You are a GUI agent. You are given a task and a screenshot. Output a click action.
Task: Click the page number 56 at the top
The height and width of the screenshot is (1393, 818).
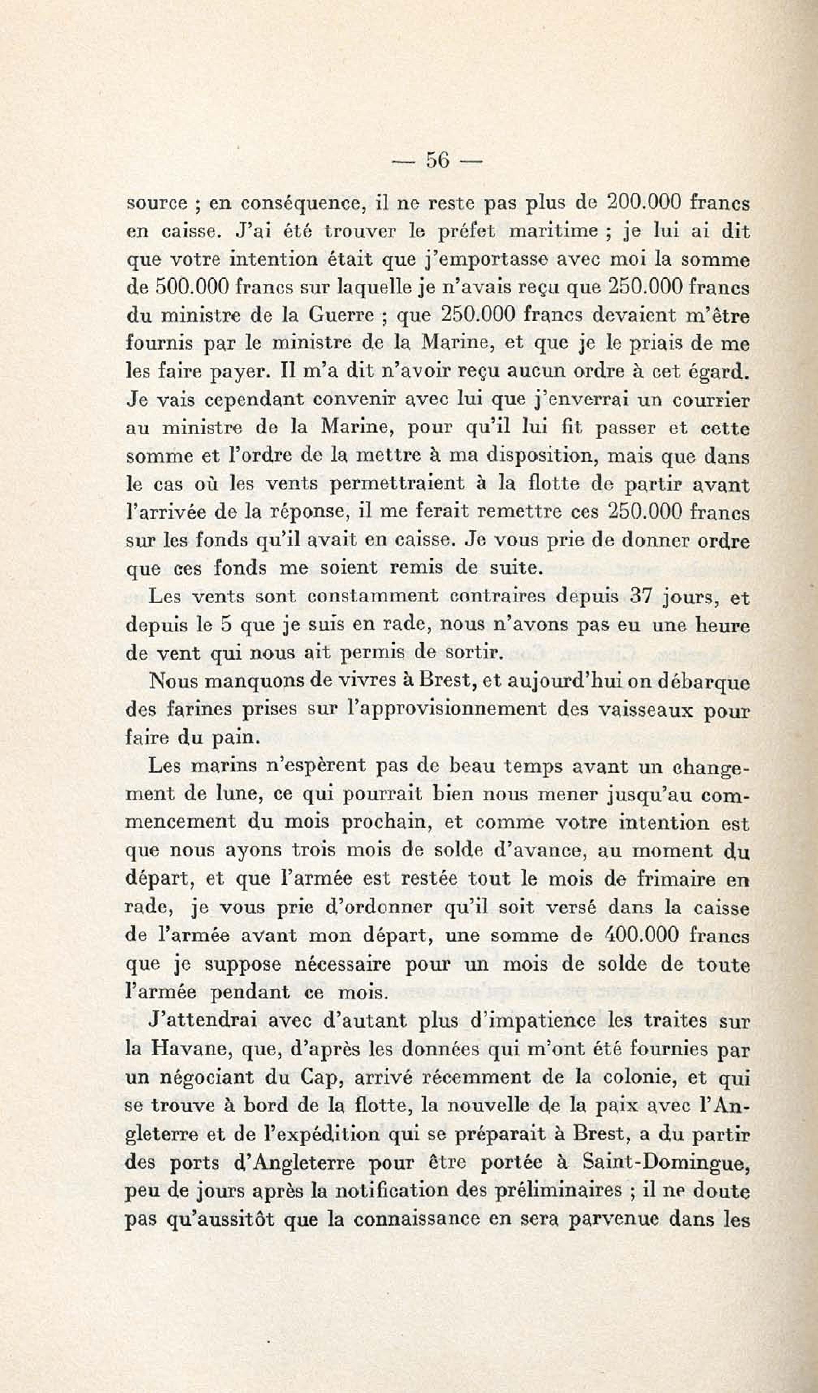(437, 161)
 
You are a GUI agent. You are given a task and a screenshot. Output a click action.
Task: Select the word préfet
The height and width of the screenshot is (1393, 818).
(467, 231)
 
